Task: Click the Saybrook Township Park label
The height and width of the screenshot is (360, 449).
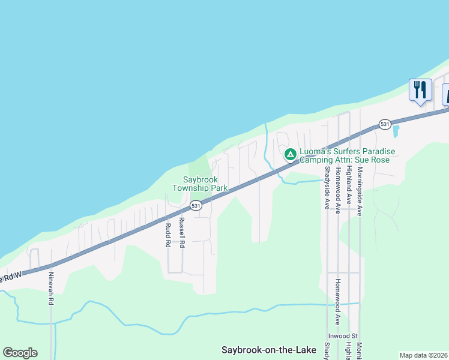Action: point(200,184)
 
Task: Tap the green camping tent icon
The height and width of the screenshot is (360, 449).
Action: point(290,154)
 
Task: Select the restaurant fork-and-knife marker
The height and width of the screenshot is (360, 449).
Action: point(420,90)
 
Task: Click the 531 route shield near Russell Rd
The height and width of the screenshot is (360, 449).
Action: point(196,205)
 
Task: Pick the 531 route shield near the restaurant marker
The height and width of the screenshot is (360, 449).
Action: point(385,124)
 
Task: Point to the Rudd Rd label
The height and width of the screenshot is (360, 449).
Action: point(168,236)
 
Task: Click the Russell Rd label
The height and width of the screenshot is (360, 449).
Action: point(182,233)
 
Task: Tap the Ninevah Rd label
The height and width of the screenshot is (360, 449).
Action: point(51,289)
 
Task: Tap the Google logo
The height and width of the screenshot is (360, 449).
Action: point(20,353)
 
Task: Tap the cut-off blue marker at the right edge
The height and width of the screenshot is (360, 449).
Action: point(446,94)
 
